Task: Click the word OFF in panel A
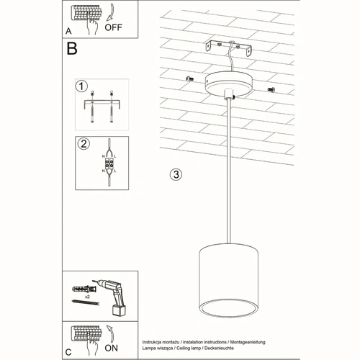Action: tap(115, 30)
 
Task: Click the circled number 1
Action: tap(81, 86)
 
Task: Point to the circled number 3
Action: tap(174, 174)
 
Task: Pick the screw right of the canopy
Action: tap(271, 89)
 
